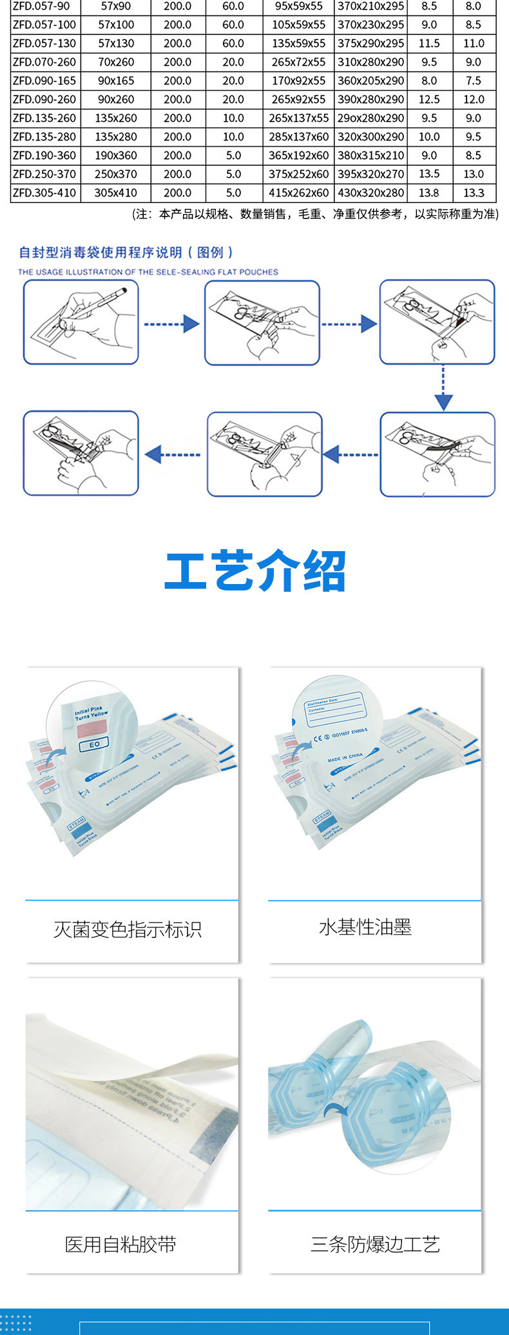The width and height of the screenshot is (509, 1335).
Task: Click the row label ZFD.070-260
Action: [44, 62]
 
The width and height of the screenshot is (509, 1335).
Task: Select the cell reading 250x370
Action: [116, 174]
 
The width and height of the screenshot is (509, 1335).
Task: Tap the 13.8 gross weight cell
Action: [429, 193]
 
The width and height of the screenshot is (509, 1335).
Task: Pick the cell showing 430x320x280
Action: [371, 193]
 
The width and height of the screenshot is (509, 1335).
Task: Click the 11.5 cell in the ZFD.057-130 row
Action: [429, 43]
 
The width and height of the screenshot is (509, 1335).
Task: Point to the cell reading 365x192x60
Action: [298, 155]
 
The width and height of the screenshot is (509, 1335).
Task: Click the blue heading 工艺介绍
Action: [255, 571]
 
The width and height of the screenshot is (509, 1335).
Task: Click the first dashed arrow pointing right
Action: [171, 324]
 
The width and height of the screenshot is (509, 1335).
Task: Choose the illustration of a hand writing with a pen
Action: [81, 322]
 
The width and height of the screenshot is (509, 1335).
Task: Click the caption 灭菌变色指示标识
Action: [128, 930]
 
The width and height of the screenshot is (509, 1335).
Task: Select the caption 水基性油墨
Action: [365, 927]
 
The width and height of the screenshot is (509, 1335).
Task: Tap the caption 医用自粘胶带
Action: [120, 1244]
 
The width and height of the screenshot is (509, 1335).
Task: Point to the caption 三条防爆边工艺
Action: [375, 1244]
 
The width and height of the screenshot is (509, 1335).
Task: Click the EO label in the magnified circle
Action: [95, 745]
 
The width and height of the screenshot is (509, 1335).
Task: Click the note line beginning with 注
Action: [315, 214]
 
